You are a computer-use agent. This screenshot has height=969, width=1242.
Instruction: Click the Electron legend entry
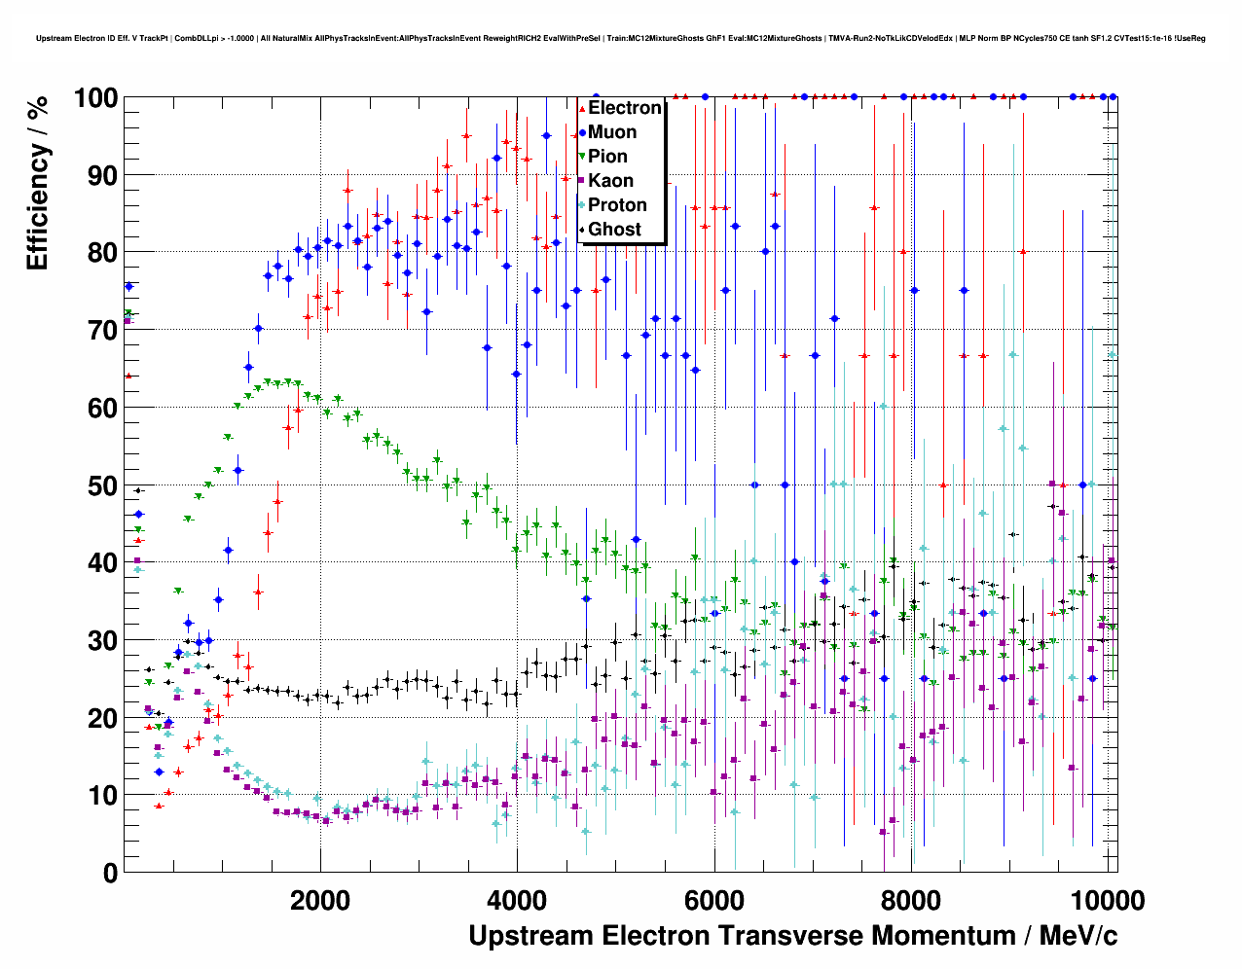pos(624,108)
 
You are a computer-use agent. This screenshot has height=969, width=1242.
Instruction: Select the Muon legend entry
pos(611,132)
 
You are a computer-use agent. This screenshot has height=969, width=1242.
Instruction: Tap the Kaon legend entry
pos(610,181)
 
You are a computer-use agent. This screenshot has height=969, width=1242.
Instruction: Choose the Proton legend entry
pos(617,205)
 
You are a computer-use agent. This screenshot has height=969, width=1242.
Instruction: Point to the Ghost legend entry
pos(614,230)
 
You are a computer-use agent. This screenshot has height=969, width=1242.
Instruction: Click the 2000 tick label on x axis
pos(320,900)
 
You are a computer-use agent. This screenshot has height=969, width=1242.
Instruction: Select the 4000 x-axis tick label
pos(517,900)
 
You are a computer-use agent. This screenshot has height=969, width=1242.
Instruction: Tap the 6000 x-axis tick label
pos(713,900)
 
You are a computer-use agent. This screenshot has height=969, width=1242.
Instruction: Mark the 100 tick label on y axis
pos(95,98)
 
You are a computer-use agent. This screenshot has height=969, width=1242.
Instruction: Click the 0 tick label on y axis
pos(111,873)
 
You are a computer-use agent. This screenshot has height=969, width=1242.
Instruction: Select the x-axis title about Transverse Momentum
pos(792,936)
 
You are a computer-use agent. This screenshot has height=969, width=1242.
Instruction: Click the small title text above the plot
pos(620,39)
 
